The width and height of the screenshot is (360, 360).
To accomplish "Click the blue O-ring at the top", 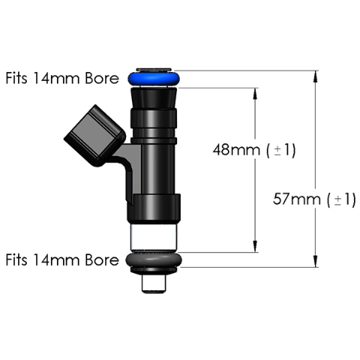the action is tap(154, 79).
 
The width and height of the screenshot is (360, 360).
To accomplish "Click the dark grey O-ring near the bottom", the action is tap(154, 260).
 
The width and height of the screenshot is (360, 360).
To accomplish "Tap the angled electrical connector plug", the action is tap(95, 136).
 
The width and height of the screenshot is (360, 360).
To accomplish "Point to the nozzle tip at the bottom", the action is tap(154, 283).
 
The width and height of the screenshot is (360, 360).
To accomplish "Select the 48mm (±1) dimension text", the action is tap(254, 150).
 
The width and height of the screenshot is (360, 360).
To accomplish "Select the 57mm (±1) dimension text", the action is tap(314, 199).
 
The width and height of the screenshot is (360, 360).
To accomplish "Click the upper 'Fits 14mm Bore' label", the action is tap(62, 78).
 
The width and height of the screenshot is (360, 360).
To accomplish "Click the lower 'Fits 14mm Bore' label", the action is tap(62, 259).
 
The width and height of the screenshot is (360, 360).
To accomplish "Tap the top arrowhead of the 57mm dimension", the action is tap(316, 76).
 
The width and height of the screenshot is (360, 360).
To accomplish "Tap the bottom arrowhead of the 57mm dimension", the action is tap(316, 262).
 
